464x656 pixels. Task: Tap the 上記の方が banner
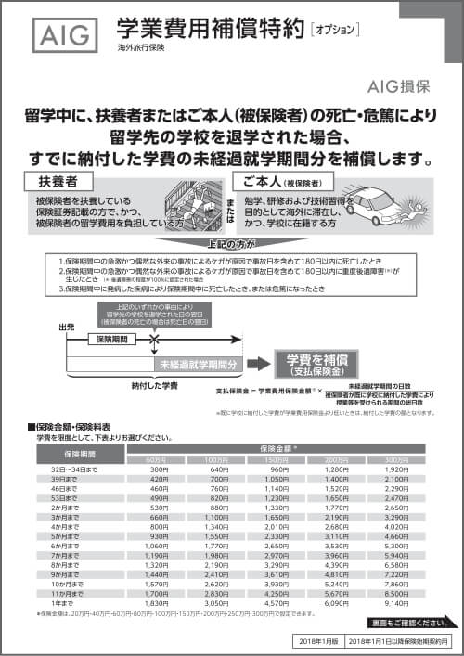point(235,246)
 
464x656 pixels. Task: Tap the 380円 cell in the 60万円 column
point(159,469)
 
